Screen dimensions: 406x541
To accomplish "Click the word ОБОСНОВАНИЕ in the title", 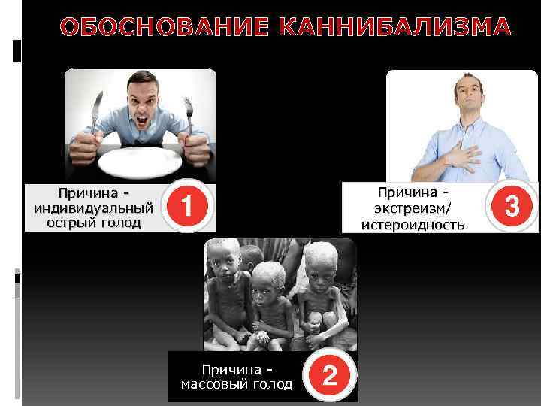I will pos(166,28).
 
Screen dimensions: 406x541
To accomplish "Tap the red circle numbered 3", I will pos(512,205).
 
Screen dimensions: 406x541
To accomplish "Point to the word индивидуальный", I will pos(93,208).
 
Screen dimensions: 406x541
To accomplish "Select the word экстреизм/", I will pos(413,209).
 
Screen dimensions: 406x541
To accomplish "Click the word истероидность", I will pos(413,224).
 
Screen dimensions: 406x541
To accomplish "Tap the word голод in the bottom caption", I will pos(272,384).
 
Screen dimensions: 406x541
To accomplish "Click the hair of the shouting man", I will pos(140,77).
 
